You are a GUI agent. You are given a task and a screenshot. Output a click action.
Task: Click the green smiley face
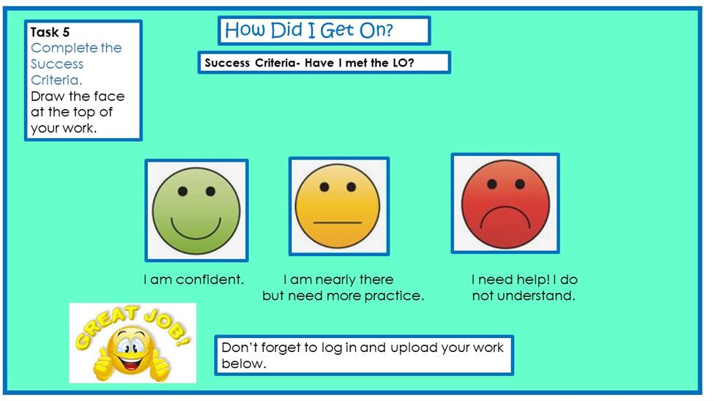(x=196, y=210)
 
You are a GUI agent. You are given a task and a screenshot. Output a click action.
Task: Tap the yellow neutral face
(x=338, y=206)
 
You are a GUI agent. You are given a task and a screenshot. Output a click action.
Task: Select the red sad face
(x=505, y=204)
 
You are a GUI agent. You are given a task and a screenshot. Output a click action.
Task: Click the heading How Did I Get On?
(x=309, y=30)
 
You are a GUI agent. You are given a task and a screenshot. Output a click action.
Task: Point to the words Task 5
(x=50, y=32)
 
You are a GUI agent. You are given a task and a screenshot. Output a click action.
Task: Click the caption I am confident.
(x=193, y=280)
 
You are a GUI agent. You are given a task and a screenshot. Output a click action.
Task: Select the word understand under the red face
(x=536, y=296)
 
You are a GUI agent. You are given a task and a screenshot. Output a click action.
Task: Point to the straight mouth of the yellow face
(x=338, y=222)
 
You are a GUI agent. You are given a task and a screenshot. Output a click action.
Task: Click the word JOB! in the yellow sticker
(x=167, y=326)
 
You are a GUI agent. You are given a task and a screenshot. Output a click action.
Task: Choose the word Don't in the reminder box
(x=237, y=348)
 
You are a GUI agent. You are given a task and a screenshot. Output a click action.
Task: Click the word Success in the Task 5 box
(x=57, y=64)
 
